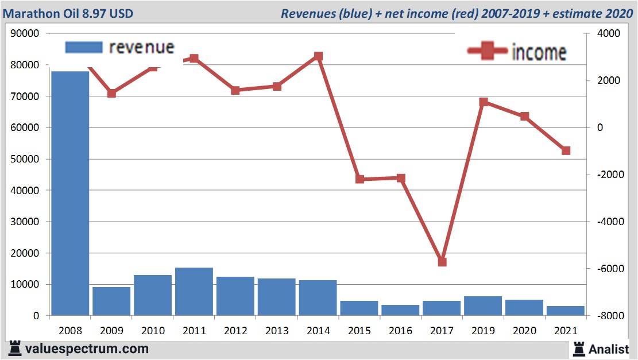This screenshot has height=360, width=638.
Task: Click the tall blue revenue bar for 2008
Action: (x=69, y=192)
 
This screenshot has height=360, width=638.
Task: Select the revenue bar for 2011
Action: (x=194, y=291)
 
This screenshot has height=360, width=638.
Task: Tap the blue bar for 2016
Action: (x=400, y=309)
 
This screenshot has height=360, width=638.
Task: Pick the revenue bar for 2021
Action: (x=566, y=310)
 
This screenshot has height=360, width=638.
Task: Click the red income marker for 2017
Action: (x=442, y=262)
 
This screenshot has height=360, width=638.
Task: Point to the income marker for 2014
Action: (x=318, y=56)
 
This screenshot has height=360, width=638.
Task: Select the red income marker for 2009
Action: (x=111, y=94)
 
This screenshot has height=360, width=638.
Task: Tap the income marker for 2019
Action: (x=484, y=102)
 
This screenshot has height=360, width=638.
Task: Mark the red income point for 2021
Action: (x=566, y=150)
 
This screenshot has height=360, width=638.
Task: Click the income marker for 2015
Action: (x=359, y=179)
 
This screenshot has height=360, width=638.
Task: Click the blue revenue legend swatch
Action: (x=84, y=47)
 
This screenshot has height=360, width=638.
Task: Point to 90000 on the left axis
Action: (x=25, y=33)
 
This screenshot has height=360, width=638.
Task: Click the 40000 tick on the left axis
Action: (x=25, y=190)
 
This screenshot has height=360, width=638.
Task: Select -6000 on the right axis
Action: (x=606, y=269)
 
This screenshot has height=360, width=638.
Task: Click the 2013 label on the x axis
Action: (x=277, y=331)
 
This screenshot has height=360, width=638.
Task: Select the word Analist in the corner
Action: (x=608, y=349)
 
